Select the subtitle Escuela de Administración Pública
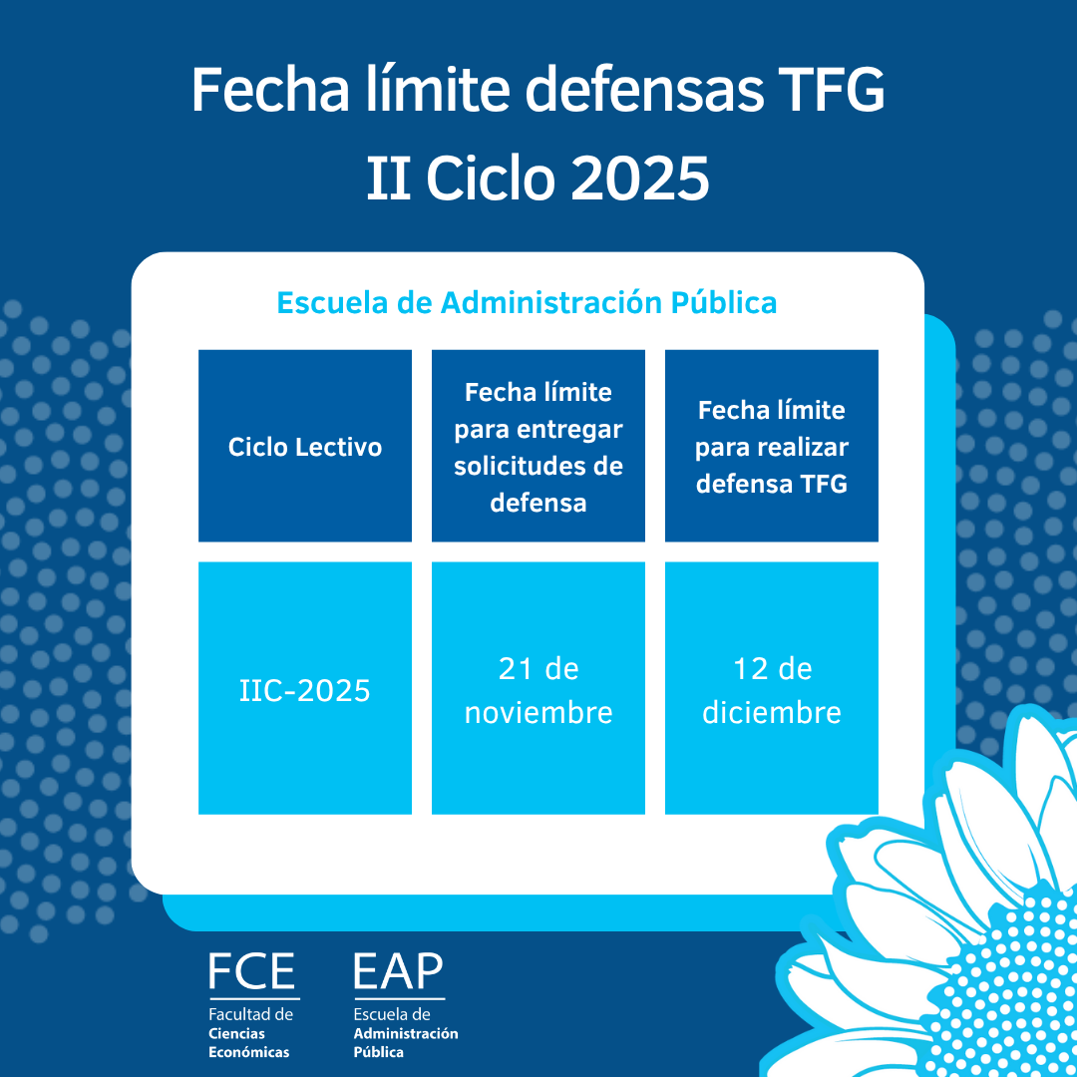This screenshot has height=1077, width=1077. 527,302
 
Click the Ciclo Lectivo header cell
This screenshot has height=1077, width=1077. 305,447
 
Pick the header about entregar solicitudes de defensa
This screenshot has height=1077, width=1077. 538,447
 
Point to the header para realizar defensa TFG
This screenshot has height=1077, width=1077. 772,447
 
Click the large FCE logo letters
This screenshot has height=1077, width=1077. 252,972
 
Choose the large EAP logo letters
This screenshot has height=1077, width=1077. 398,972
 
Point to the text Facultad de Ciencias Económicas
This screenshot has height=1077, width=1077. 250,1033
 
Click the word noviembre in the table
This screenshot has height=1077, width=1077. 538,713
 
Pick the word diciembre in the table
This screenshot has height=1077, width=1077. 772,713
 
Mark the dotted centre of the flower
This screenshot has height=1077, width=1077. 1007,987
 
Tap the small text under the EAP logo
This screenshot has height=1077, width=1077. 406,1033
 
